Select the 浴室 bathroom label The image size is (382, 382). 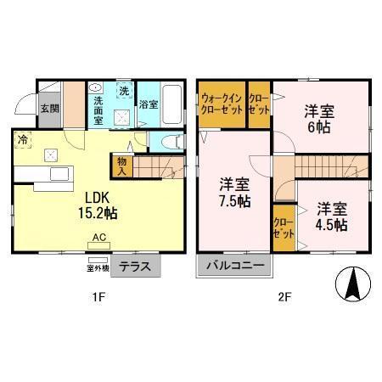[149, 104]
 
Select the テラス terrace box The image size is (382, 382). [135, 266]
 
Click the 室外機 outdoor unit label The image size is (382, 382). [98, 268]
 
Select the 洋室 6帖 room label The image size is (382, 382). [318, 118]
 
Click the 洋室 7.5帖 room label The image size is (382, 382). [233, 192]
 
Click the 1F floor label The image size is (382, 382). [100, 298]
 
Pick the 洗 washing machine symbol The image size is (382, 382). [124, 91]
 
